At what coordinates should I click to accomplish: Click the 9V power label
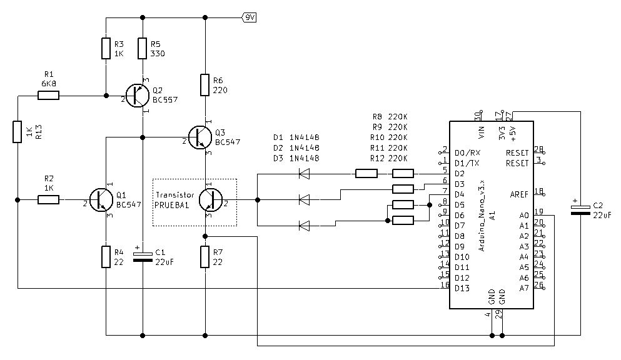[x=249, y=17]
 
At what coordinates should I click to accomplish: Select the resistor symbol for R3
[x=106, y=48]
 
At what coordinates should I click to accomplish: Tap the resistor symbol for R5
[x=143, y=48]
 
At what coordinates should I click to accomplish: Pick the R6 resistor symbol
[x=204, y=85]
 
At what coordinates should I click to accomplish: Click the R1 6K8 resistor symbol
[x=48, y=96]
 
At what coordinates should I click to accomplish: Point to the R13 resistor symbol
[x=17, y=132]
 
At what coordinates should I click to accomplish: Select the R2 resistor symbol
[x=48, y=200]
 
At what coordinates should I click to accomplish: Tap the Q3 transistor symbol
[x=200, y=137]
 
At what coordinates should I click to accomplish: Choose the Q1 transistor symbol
[x=101, y=200]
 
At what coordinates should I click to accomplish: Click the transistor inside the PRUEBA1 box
[x=210, y=200]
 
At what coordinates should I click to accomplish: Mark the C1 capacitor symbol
[x=143, y=257]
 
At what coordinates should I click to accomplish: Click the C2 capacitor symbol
[x=580, y=210]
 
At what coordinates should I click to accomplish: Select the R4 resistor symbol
[x=106, y=257]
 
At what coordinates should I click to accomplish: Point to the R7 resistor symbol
[x=204, y=257]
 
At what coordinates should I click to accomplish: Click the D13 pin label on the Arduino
[x=462, y=288]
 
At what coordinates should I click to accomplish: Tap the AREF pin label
[x=519, y=194]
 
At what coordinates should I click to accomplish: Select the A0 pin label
[x=524, y=215]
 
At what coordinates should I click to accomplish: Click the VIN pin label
[x=482, y=132]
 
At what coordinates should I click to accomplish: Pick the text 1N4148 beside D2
[x=304, y=147]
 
